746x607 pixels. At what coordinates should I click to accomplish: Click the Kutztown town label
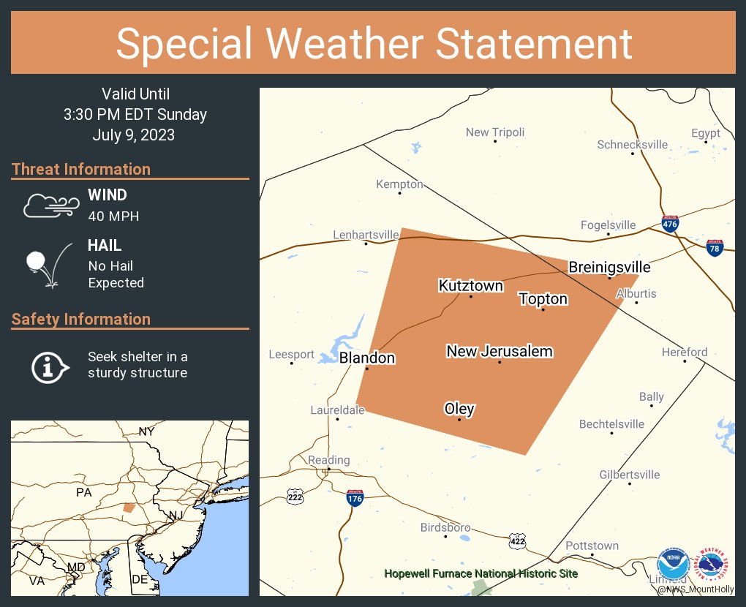click(470, 285)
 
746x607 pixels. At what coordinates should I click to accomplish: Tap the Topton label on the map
click(543, 298)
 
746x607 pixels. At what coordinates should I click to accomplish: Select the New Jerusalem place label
click(500, 352)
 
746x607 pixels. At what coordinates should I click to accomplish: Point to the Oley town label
click(459, 409)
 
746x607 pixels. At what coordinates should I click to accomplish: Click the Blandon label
click(366, 358)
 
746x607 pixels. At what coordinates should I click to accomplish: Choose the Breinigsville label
click(609, 268)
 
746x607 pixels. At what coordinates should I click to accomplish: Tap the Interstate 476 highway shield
click(670, 224)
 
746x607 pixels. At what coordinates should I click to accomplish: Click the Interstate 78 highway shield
click(715, 248)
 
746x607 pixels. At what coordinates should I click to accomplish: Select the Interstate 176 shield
click(355, 498)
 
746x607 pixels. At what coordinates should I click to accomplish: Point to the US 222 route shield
click(295, 496)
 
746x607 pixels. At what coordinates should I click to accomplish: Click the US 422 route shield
click(517, 540)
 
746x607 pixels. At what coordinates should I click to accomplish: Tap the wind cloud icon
click(50, 206)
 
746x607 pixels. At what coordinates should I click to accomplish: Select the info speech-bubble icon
click(49, 366)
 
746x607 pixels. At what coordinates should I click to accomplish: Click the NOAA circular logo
click(673, 565)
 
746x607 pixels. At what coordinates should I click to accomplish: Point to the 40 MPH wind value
click(113, 216)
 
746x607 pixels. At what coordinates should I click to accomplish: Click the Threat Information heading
click(81, 170)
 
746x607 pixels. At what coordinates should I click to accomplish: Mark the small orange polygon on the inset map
click(129, 507)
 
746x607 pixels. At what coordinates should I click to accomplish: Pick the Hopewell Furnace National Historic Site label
click(481, 573)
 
